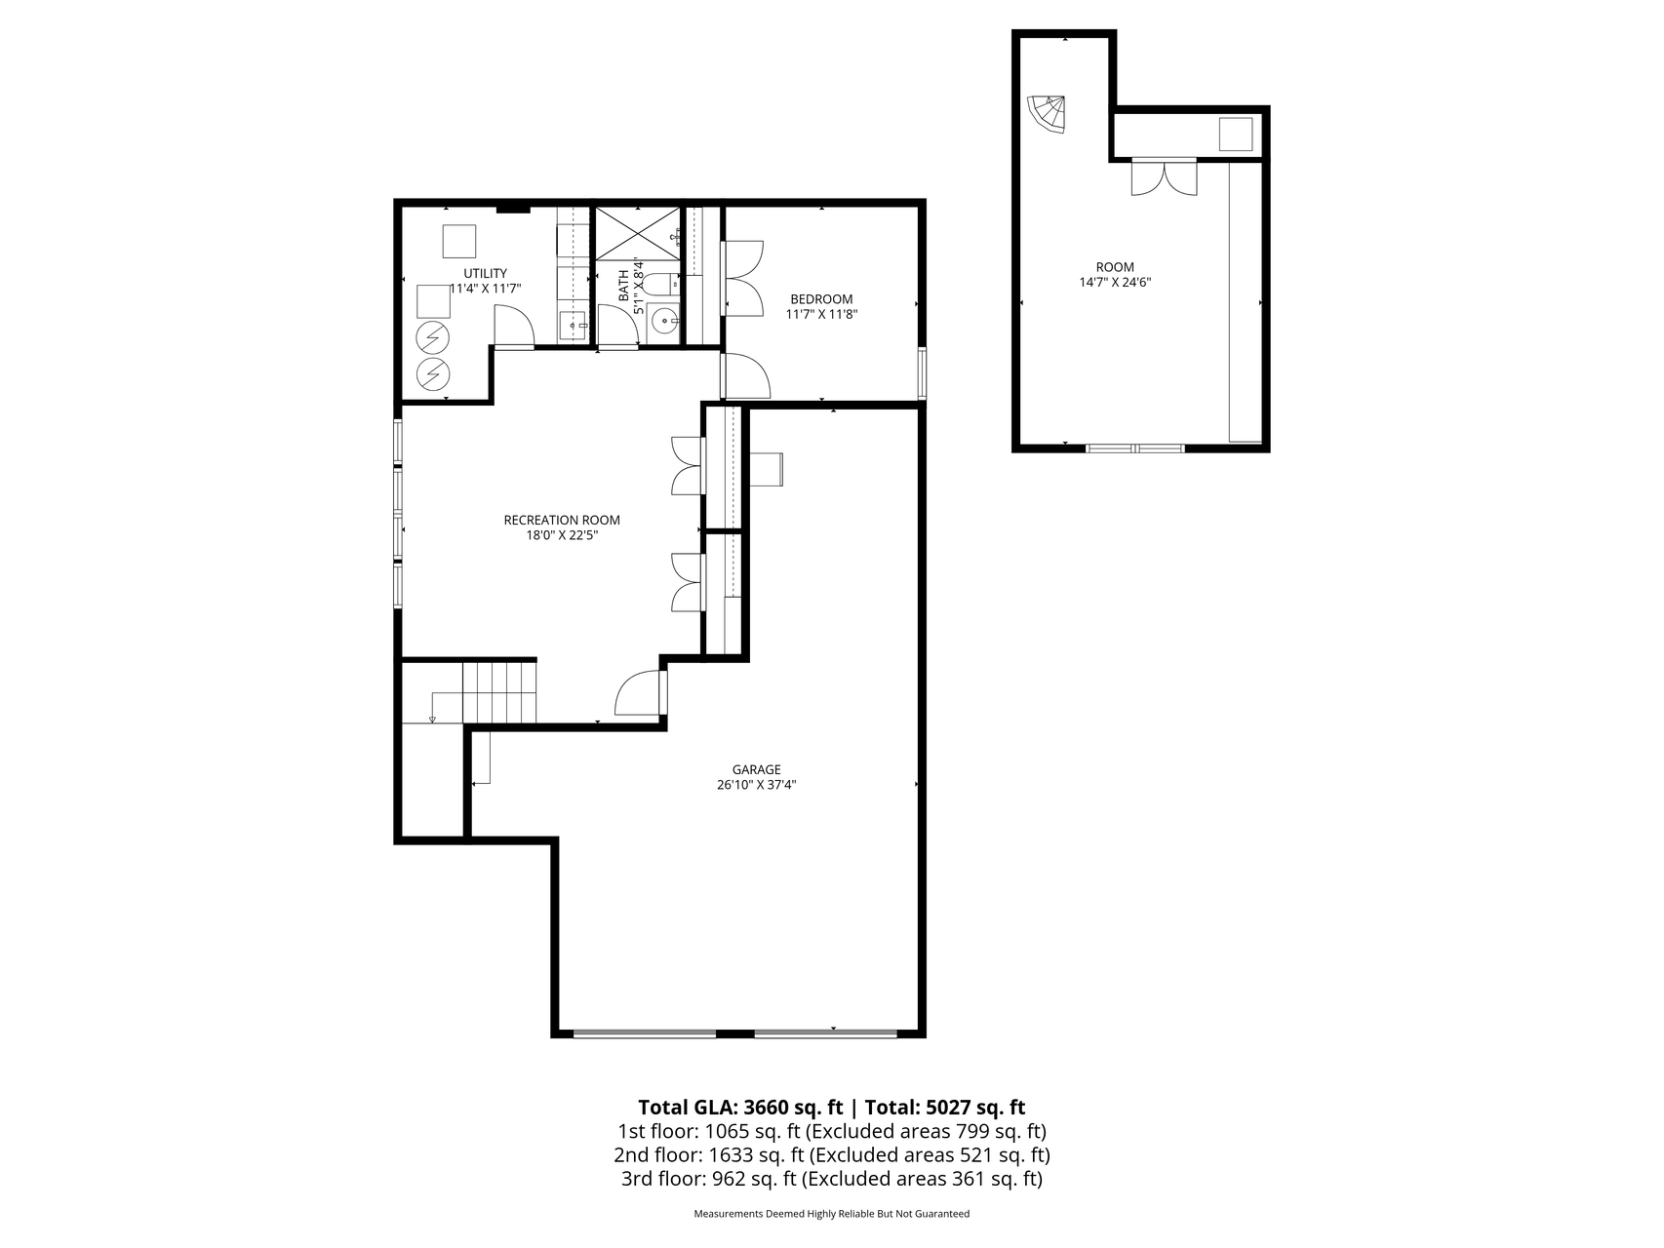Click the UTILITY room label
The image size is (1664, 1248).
(485, 273)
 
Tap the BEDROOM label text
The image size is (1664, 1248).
(821, 299)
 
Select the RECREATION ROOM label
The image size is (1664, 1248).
(562, 520)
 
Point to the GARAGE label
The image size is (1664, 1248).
(757, 769)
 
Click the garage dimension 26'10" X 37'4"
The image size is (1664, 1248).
(757, 785)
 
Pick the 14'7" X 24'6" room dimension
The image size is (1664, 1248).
(1115, 283)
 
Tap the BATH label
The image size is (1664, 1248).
(624, 288)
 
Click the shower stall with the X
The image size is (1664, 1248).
(637, 234)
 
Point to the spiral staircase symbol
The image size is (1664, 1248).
(1049, 114)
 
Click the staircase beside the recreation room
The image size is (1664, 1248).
(498, 691)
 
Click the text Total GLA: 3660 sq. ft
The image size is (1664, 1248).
(740, 1108)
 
